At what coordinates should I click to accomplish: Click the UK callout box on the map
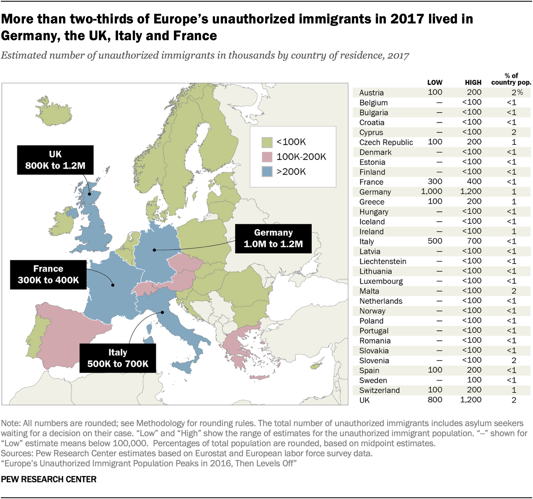tap(55, 160)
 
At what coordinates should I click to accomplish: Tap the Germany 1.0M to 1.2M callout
tap(273, 239)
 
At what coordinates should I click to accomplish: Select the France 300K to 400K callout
tap(48, 275)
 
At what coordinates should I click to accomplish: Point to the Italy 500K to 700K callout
tap(118, 358)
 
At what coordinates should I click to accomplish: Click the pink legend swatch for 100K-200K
tap(267, 157)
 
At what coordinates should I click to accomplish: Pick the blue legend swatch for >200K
tap(267, 172)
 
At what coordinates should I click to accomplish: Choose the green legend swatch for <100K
tap(267, 142)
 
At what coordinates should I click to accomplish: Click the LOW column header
tap(435, 82)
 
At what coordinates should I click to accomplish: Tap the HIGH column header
tap(473, 82)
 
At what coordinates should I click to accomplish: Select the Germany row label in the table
tap(375, 192)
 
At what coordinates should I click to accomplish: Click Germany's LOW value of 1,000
tap(432, 191)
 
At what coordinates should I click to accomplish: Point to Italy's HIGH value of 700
tap(474, 241)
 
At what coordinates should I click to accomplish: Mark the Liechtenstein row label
tap(383, 262)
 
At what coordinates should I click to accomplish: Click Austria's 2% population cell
tap(517, 93)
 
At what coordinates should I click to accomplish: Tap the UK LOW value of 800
tap(435, 400)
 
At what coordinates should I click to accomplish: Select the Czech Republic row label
tap(386, 142)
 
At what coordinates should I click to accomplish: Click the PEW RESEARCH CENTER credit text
tap(49, 479)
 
